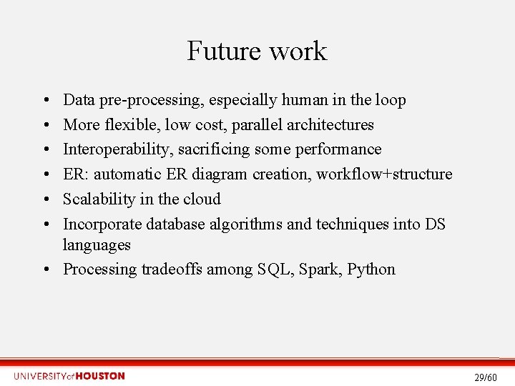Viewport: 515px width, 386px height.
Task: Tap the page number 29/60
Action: point(485,377)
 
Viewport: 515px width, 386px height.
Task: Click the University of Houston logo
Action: point(69,376)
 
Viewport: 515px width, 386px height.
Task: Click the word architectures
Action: point(330,124)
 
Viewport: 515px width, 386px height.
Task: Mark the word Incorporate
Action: point(102,224)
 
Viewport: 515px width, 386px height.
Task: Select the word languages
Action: point(97,245)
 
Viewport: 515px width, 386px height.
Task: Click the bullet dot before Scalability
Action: point(45,199)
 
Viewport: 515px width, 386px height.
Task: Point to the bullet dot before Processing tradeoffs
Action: point(45,269)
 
